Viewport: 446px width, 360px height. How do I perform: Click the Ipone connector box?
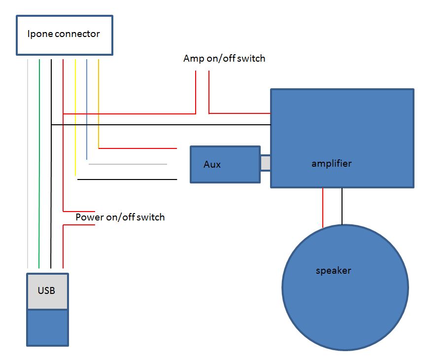[65, 35]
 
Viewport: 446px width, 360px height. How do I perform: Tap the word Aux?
[212, 164]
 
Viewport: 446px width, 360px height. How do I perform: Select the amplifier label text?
[331, 163]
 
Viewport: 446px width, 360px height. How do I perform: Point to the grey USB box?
[47, 291]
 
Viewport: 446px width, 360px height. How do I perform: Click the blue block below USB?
[47, 327]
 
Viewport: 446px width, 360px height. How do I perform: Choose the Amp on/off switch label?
[224, 59]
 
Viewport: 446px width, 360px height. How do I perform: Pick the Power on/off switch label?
[120, 217]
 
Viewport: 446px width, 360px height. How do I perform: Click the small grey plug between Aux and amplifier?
[266, 163]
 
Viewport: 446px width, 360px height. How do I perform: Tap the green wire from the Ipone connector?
[39, 163]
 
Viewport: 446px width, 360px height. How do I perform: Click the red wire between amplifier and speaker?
[323, 207]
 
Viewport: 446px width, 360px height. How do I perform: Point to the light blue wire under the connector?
[87, 108]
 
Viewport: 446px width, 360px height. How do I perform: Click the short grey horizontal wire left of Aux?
[128, 164]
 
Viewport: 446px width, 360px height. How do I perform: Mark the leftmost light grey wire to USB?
[28, 163]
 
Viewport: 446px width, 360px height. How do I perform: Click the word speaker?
[333, 271]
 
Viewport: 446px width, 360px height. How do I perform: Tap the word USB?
[47, 290]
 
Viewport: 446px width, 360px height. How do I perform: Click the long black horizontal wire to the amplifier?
[163, 125]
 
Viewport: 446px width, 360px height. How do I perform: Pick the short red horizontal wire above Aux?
[138, 148]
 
